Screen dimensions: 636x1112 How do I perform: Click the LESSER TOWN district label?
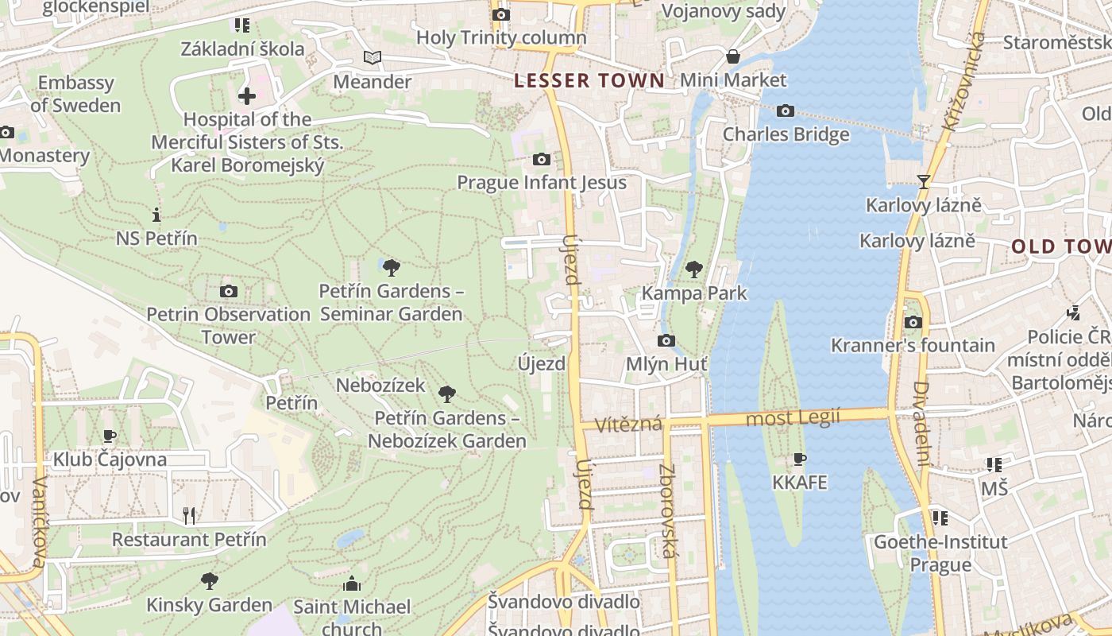point(589,80)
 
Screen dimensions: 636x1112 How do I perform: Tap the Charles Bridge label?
point(786,134)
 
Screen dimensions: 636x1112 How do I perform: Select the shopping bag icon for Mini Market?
point(732,56)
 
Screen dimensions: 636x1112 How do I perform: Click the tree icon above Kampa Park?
point(694,269)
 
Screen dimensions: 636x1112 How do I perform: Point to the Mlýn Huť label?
point(667,364)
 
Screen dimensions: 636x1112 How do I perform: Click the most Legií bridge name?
point(792,417)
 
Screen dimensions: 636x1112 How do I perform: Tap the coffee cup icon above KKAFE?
point(800,460)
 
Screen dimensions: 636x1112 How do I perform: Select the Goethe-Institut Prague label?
point(940,553)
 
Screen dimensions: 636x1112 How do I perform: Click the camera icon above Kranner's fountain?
point(913,322)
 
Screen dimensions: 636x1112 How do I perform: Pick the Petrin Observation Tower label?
point(228,325)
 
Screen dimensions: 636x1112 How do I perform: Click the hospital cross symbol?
point(246,96)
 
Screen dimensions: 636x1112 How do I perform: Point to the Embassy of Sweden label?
point(75,94)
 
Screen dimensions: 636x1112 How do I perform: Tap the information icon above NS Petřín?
point(156,215)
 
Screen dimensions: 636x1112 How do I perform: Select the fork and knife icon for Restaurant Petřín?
point(189,516)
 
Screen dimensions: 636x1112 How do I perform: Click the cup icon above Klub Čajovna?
point(110,436)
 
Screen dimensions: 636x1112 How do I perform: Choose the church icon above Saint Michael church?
point(351,584)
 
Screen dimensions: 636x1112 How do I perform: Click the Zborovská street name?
point(666,510)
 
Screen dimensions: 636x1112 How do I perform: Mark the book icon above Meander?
point(372,57)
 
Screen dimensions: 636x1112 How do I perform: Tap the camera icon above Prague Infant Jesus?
point(542,159)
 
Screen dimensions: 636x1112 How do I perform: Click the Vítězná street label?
point(630,424)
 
